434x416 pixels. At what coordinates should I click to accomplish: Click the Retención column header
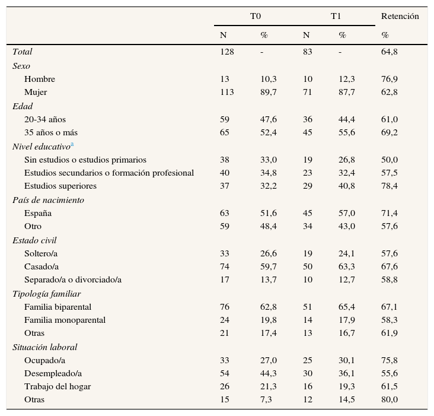click(x=400, y=16)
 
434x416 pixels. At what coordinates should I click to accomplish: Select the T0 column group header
click(x=256, y=16)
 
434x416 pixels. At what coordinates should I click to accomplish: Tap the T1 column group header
click(x=336, y=16)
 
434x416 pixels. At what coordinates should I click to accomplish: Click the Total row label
click(x=23, y=52)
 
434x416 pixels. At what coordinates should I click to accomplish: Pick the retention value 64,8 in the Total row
click(x=389, y=52)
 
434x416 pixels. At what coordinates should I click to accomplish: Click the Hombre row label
click(x=40, y=79)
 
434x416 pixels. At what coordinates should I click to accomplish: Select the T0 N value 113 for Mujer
click(x=227, y=92)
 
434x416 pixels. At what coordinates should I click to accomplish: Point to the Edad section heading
click(x=23, y=106)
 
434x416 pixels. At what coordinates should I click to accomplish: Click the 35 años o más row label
click(x=51, y=132)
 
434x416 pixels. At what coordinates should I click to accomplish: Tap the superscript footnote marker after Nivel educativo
click(x=72, y=145)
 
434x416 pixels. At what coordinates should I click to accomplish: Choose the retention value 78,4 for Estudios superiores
click(x=389, y=186)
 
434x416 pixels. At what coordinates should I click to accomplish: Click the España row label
click(x=38, y=213)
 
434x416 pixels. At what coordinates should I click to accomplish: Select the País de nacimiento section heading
click(x=48, y=200)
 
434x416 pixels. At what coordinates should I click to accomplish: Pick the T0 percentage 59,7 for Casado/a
click(x=268, y=266)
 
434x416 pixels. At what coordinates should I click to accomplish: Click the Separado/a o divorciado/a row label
click(x=73, y=280)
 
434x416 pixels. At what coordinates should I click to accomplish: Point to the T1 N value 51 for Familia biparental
click(x=307, y=307)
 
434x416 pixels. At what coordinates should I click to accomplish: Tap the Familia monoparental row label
click(x=65, y=320)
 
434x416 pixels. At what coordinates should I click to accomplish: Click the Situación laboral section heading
click(x=45, y=347)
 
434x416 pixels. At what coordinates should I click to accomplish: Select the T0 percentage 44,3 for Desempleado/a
click(x=268, y=373)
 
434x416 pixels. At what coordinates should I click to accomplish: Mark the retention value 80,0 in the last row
click(x=389, y=399)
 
